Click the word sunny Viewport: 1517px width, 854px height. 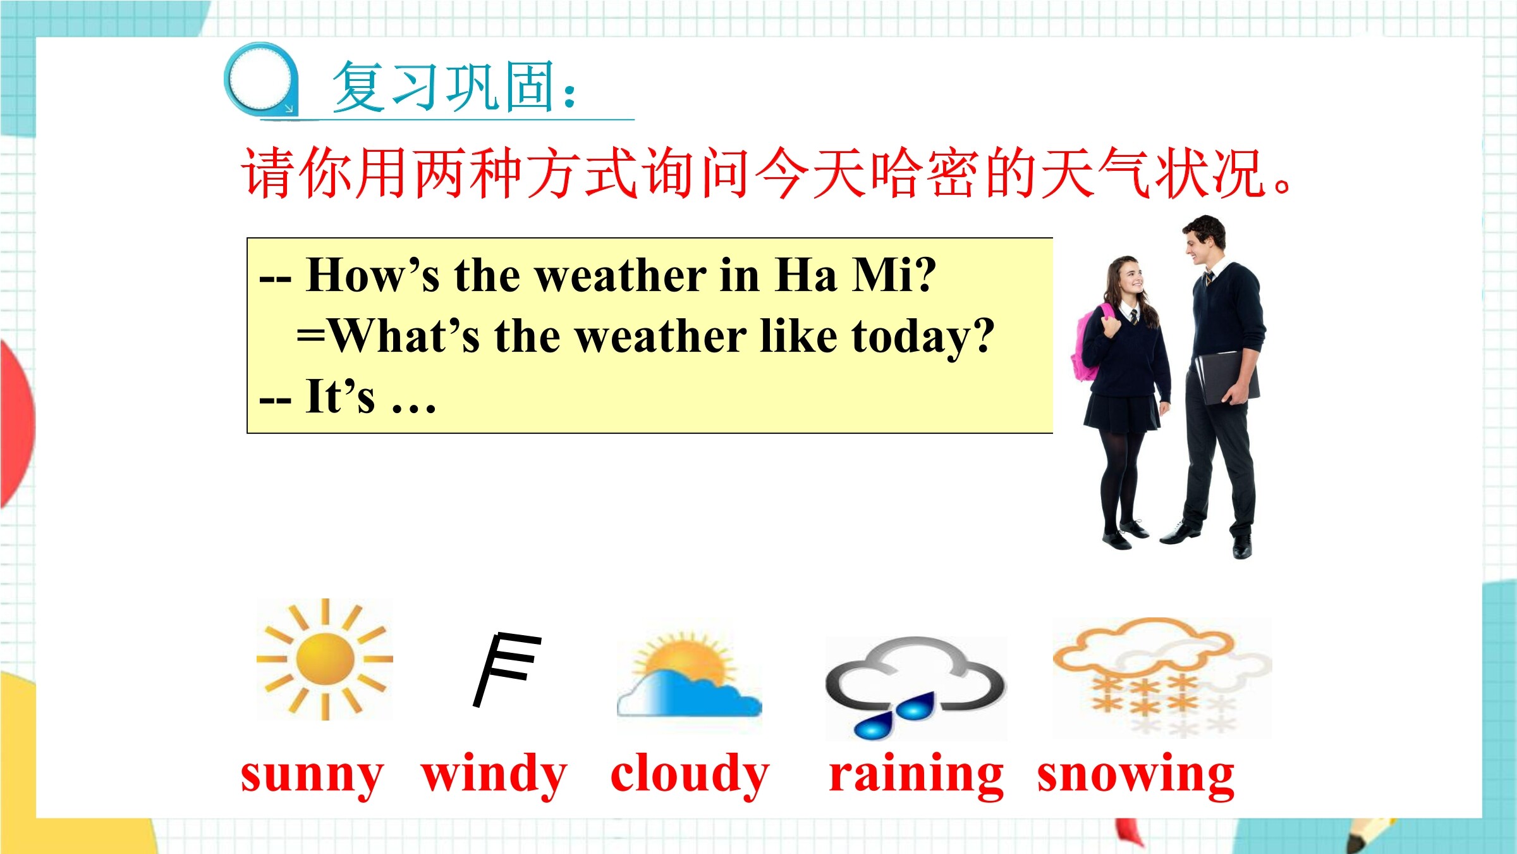pos(312,775)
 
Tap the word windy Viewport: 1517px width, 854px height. pos(494,775)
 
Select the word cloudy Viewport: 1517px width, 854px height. pos(690,775)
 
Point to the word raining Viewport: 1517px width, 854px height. pos(916,775)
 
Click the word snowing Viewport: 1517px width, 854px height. pos(1136,775)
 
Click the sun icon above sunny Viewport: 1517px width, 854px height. pos(324,659)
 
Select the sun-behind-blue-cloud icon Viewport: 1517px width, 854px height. pos(689,676)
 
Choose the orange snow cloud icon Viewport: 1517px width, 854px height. pos(1162,677)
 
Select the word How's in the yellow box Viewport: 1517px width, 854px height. pos(372,275)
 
